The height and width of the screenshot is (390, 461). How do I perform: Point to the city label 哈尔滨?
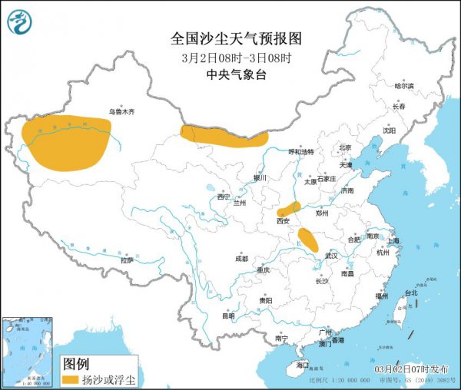[404, 86]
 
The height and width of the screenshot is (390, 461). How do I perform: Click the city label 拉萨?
[127, 261]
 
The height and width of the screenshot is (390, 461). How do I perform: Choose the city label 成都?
[242, 258]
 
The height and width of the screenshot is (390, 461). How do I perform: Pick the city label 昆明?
[228, 315]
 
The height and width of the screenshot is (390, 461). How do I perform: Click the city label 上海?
[393, 240]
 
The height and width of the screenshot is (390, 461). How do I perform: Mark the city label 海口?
[302, 364]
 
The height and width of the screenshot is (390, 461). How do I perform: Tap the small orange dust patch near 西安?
[289, 208]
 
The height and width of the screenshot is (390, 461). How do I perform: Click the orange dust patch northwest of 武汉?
[309, 240]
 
